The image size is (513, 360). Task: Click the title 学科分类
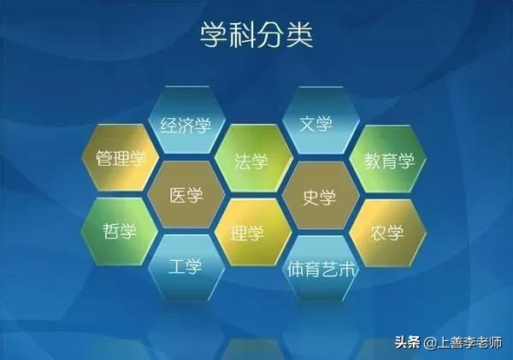pyautogui.click(x=256, y=37)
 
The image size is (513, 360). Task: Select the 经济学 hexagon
pyautogui.click(x=186, y=124)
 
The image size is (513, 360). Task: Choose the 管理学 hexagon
pyautogui.click(x=121, y=160)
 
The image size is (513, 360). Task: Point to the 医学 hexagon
pyautogui.click(x=186, y=196)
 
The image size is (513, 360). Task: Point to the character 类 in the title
pyautogui.click(x=298, y=37)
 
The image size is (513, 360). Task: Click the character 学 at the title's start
pyautogui.click(x=215, y=37)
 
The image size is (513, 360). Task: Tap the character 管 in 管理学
pyautogui.click(x=105, y=160)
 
